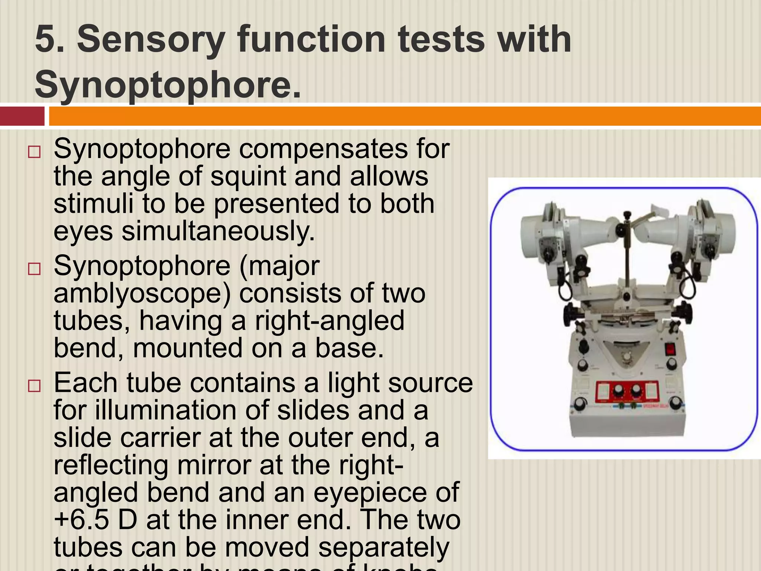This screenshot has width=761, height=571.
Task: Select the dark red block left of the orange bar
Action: pyautogui.click(x=22, y=116)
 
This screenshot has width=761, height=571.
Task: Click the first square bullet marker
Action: pyautogui.click(x=34, y=152)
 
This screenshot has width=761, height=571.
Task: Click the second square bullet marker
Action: pyautogui.click(x=34, y=269)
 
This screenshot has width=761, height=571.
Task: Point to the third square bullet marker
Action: pyautogui.click(x=34, y=386)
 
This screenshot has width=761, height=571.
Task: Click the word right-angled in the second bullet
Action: pyautogui.click(x=329, y=320)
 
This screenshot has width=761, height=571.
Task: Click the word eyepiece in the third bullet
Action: pyautogui.click(x=386, y=492)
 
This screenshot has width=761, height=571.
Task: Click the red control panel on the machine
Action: pyautogui.click(x=626, y=392)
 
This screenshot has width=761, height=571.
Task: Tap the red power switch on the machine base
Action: pyautogui.click(x=670, y=349)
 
